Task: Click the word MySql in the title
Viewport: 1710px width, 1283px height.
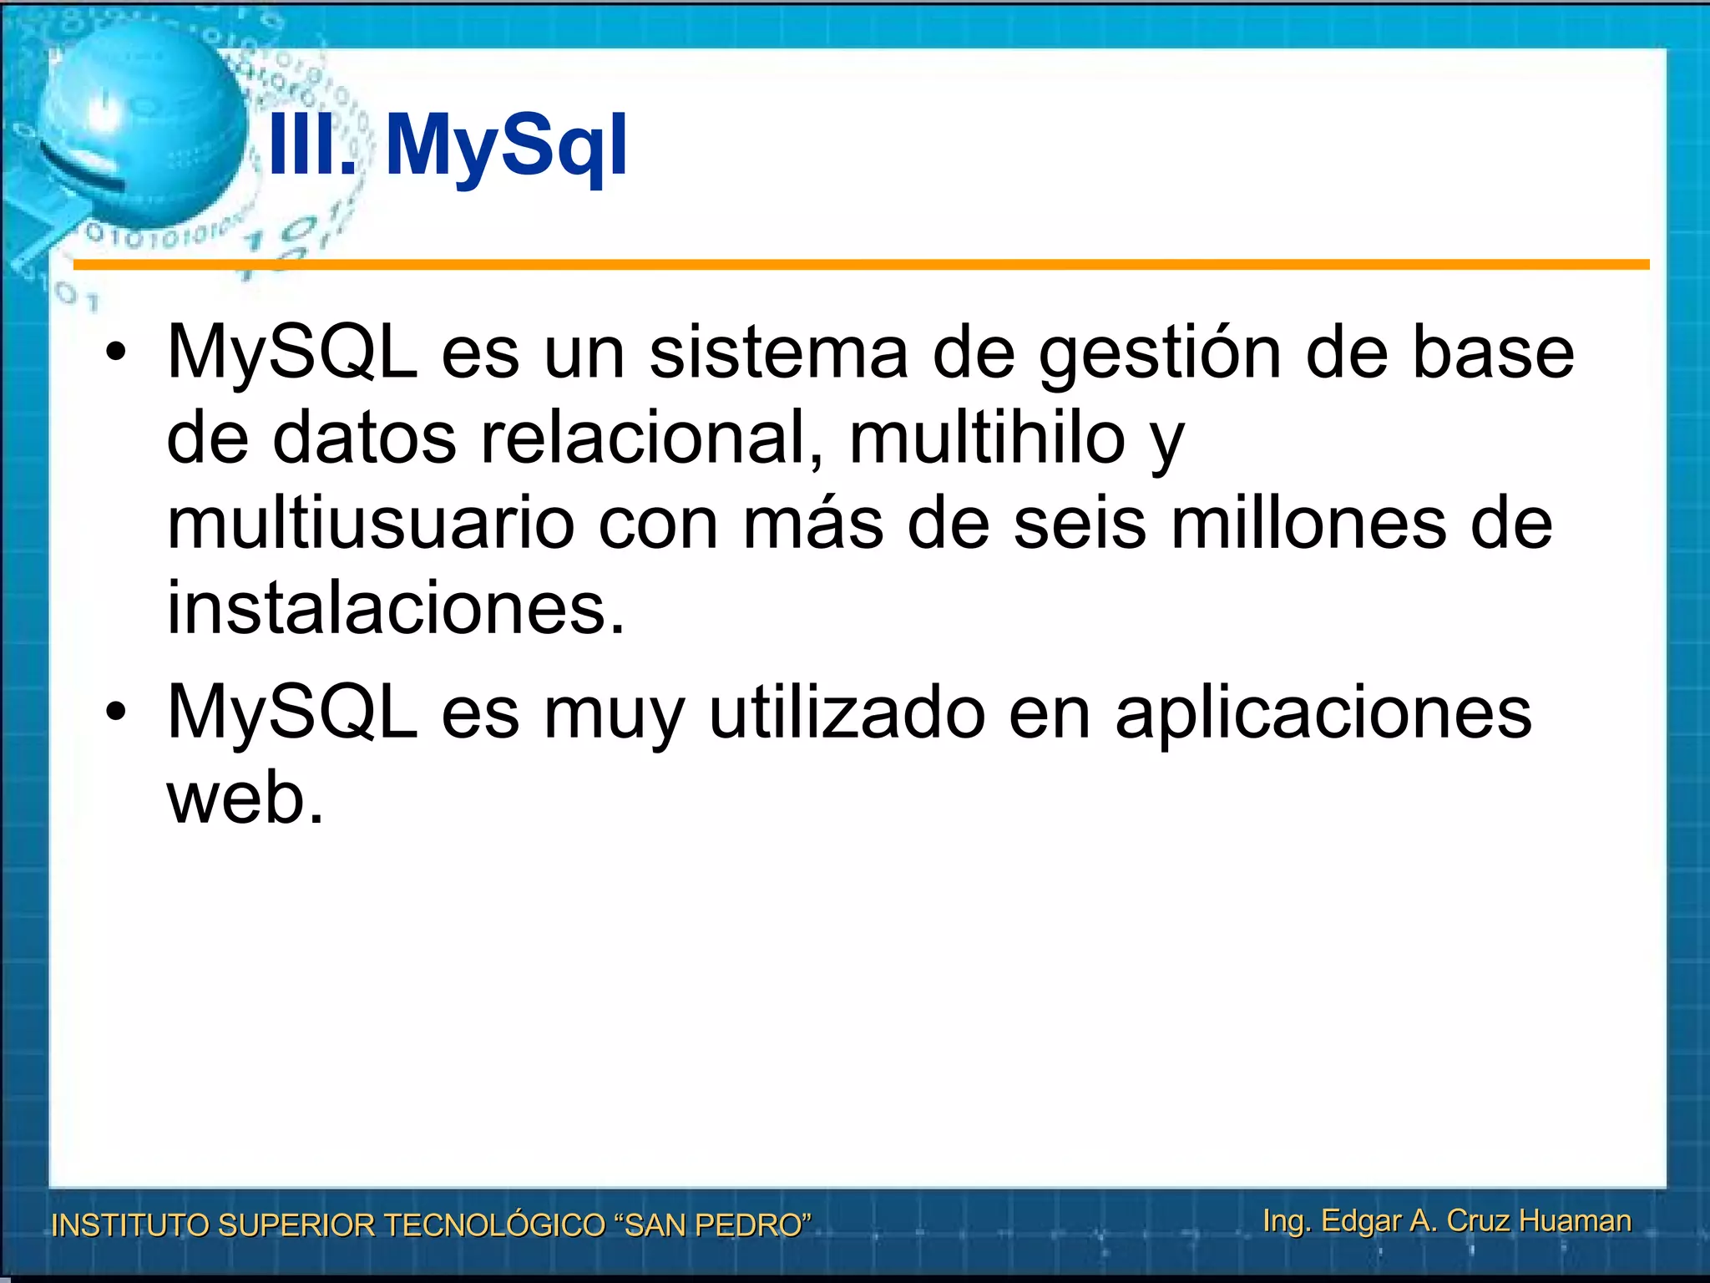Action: point(506,146)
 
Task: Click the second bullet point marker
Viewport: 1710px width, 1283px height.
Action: point(116,712)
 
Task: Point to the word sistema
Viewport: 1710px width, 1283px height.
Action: point(778,352)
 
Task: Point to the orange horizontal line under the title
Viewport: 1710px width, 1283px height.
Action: point(860,265)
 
